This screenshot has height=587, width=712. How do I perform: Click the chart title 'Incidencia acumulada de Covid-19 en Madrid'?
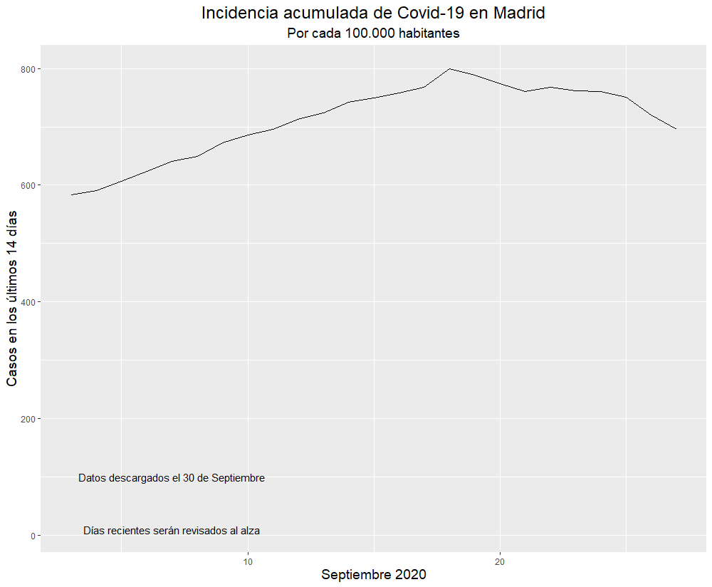[373, 13]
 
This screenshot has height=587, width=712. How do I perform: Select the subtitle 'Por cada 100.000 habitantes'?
[373, 33]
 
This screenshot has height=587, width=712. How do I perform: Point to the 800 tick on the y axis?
[29, 69]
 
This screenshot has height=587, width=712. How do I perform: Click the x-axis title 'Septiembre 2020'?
[373, 575]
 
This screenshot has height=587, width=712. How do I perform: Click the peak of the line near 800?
[450, 68]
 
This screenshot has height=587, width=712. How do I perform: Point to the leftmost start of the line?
[71, 194]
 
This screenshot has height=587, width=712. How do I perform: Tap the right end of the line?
[676, 128]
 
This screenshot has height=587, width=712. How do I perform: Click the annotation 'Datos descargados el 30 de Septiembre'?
[172, 478]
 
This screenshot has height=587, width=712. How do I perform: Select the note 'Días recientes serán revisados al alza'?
[172, 531]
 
